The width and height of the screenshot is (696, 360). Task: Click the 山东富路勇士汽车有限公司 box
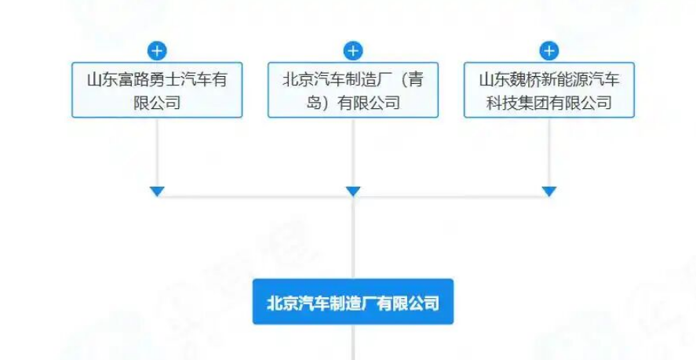pyautogui.click(x=157, y=89)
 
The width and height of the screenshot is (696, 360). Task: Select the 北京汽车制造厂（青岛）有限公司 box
pyautogui.click(x=353, y=89)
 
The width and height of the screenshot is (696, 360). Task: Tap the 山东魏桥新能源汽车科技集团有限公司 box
pyautogui.click(x=549, y=89)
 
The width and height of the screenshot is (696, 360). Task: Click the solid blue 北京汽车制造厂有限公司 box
pyautogui.click(x=353, y=302)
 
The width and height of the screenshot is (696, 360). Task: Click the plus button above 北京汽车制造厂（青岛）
pyautogui.click(x=353, y=51)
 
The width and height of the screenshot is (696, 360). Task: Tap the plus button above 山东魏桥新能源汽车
pyautogui.click(x=549, y=51)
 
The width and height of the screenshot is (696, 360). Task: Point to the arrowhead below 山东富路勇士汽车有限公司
pyautogui.click(x=157, y=191)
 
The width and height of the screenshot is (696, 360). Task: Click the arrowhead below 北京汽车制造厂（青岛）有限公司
pyautogui.click(x=353, y=191)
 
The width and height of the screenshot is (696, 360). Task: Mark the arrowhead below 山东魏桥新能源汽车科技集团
pyautogui.click(x=549, y=191)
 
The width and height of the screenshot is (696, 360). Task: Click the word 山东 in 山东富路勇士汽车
pyautogui.click(x=103, y=80)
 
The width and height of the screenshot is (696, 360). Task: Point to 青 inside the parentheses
pyautogui.click(x=415, y=80)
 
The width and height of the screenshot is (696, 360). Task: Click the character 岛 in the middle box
pyautogui.click(x=314, y=103)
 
